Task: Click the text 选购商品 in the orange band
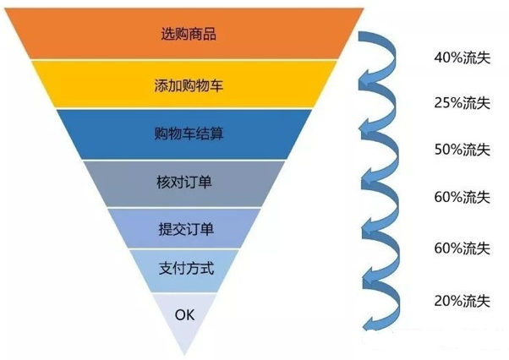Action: coord(189,34)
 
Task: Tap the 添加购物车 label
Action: coord(189,85)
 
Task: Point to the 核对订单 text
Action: coord(184,182)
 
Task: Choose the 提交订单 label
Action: coord(186,229)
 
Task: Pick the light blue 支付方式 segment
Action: coord(184,270)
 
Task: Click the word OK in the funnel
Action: coord(184,314)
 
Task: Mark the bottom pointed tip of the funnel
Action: coord(184,355)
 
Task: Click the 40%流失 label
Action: coord(462,57)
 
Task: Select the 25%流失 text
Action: coord(462,103)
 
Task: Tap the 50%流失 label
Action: coord(462,150)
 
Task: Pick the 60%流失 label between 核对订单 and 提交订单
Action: coord(462,197)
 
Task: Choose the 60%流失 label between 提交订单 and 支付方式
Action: coord(462,248)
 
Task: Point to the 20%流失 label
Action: coord(462,301)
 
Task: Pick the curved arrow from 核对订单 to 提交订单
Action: coord(396,205)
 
